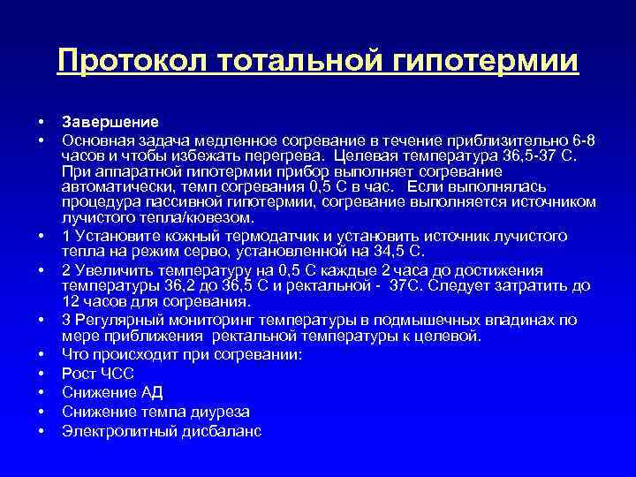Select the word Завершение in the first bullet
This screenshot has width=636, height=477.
[x=110, y=122]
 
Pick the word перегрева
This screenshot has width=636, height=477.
[x=281, y=156]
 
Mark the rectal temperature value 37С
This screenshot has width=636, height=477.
[x=412, y=286]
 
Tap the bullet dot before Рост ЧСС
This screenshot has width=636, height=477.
[x=42, y=374]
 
